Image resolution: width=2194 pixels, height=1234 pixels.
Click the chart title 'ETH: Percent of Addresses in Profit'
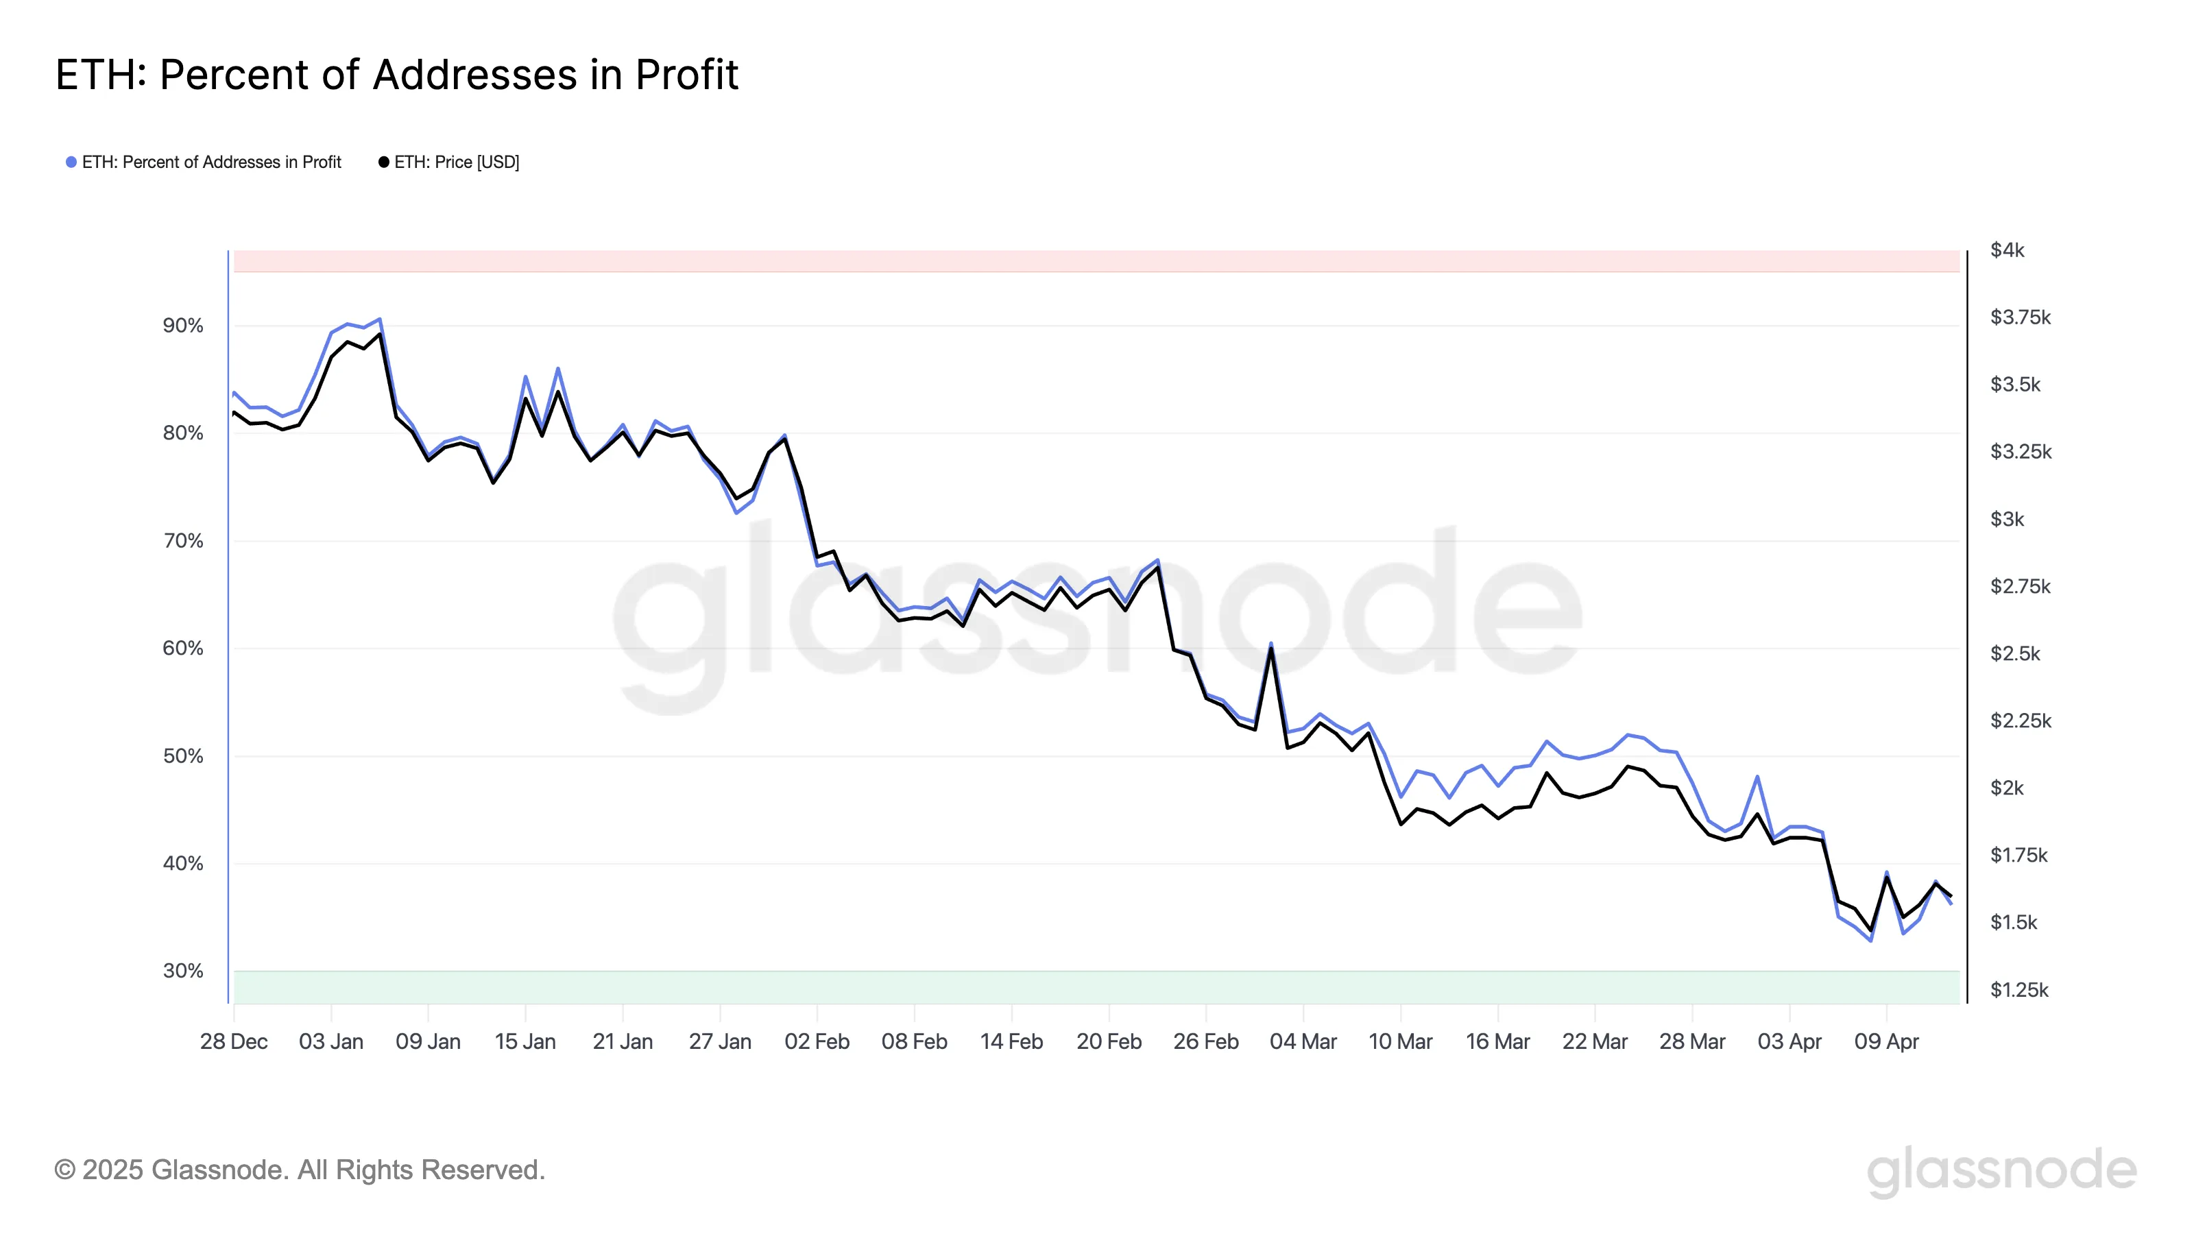(397, 75)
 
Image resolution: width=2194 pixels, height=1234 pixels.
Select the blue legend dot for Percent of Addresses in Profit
(71, 162)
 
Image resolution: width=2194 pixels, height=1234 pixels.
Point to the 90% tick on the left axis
(183, 326)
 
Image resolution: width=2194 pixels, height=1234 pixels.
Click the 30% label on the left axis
(183, 971)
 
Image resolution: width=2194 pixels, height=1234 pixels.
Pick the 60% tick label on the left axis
(183, 648)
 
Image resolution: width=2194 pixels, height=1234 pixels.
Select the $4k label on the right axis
(2007, 250)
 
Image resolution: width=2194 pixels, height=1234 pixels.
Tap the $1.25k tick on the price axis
(2018, 989)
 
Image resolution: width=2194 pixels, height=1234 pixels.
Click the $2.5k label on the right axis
(2015, 653)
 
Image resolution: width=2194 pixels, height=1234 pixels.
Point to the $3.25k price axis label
(2021, 451)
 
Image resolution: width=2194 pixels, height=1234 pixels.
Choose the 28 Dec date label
(233, 1041)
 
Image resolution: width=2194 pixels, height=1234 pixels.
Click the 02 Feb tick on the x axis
(817, 1041)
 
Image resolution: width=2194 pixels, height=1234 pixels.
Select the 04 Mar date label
(1303, 1041)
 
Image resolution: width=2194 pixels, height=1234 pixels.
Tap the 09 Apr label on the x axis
(1887, 1041)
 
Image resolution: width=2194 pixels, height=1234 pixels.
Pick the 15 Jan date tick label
(525, 1041)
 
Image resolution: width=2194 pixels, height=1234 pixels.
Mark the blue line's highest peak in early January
(380, 319)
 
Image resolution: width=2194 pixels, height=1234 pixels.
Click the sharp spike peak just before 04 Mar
(1270, 644)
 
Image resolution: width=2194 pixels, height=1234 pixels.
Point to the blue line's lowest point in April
(1870, 940)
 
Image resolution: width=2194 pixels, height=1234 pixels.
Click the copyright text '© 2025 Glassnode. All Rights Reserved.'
(299, 1170)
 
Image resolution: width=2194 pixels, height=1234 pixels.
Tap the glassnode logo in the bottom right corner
(2001, 1171)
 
